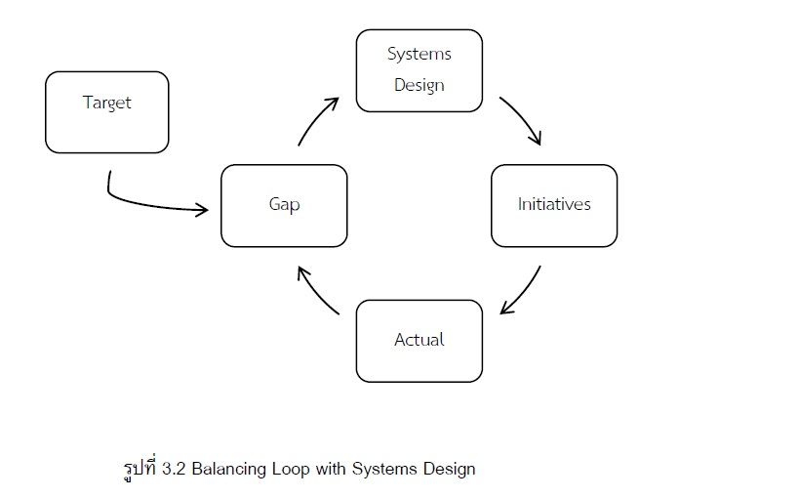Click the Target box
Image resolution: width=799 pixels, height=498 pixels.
coord(107,111)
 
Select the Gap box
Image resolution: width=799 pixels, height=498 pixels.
coord(284,205)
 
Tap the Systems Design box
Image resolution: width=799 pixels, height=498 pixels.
coord(419,69)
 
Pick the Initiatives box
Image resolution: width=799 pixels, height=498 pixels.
coord(554,205)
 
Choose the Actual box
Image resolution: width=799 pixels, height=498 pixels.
coord(419,340)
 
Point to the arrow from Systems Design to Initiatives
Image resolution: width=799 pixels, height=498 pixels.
coord(523,119)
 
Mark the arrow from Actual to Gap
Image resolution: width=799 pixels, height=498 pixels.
coord(316,291)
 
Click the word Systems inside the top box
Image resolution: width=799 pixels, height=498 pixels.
coord(419,54)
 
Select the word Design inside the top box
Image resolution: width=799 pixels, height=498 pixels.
coord(419,85)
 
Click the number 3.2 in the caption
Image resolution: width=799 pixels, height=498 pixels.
coord(174,469)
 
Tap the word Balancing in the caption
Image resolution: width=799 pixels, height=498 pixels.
coord(227,469)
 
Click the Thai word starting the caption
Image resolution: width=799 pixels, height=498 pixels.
coord(136,468)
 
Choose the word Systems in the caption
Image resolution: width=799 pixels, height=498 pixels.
coord(381,469)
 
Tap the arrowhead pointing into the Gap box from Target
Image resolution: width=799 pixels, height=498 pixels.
coord(203,210)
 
